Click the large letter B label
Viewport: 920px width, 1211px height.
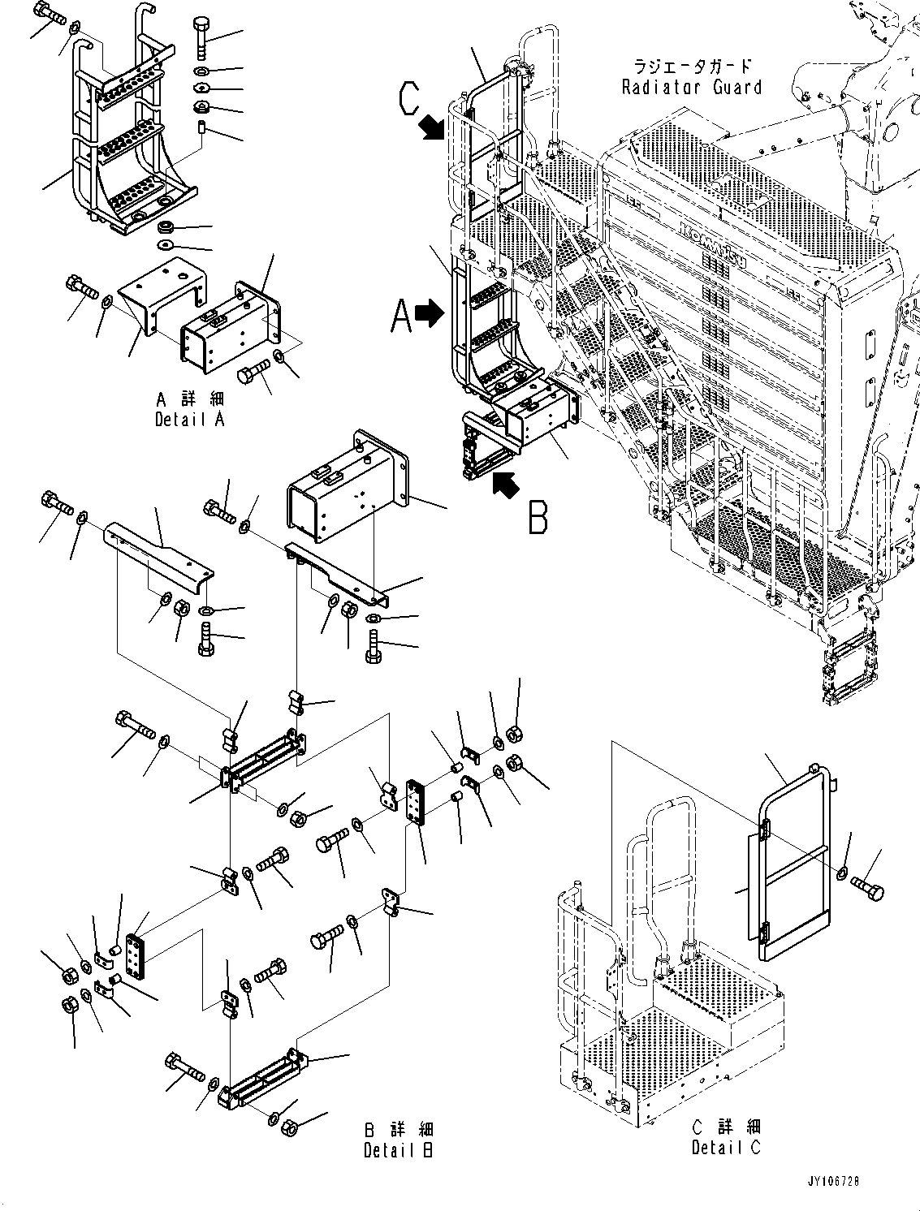point(538,516)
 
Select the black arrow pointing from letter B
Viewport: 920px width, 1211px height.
point(506,485)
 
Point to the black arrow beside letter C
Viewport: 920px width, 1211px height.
point(432,127)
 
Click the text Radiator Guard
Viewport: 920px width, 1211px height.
point(691,87)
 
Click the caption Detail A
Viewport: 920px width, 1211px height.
point(189,419)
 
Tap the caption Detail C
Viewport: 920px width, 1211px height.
point(726,1146)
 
